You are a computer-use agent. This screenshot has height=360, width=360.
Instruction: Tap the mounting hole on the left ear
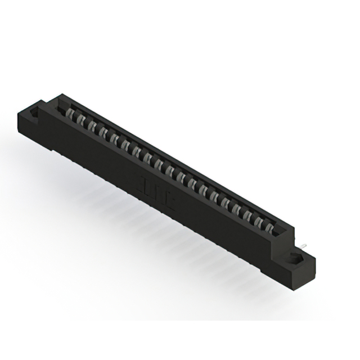click(x=34, y=113)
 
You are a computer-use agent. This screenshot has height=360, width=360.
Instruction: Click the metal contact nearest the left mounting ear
click(x=71, y=116)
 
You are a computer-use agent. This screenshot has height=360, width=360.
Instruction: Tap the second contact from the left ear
click(x=82, y=121)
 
